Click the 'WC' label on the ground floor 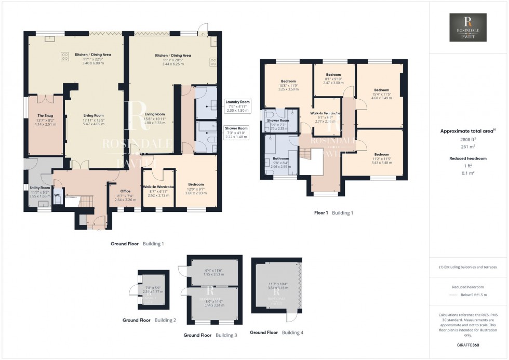pos(57,195)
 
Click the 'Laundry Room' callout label pos(237,102)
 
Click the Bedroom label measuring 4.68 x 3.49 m pos(382,90)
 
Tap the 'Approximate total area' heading pos(467,131)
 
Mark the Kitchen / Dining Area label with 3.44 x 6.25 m pos(173,55)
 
